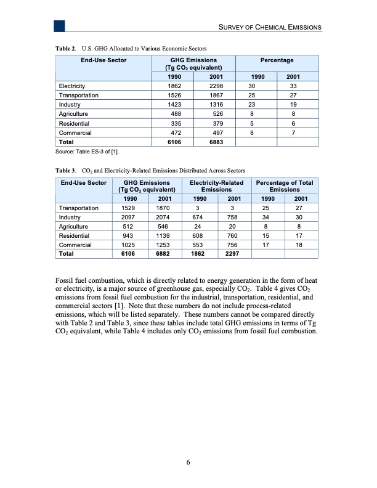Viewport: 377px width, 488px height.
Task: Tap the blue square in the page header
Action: [59, 26]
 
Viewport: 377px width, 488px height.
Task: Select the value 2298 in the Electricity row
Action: [216, 86]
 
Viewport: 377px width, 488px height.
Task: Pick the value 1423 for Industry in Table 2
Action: [174, 105]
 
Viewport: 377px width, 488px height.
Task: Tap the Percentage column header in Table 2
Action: [277, 60]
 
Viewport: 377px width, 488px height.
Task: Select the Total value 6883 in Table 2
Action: [216, 142]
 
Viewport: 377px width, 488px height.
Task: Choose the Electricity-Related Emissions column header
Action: [216, 186]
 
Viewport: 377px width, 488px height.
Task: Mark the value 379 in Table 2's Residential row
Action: [216, 123]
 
